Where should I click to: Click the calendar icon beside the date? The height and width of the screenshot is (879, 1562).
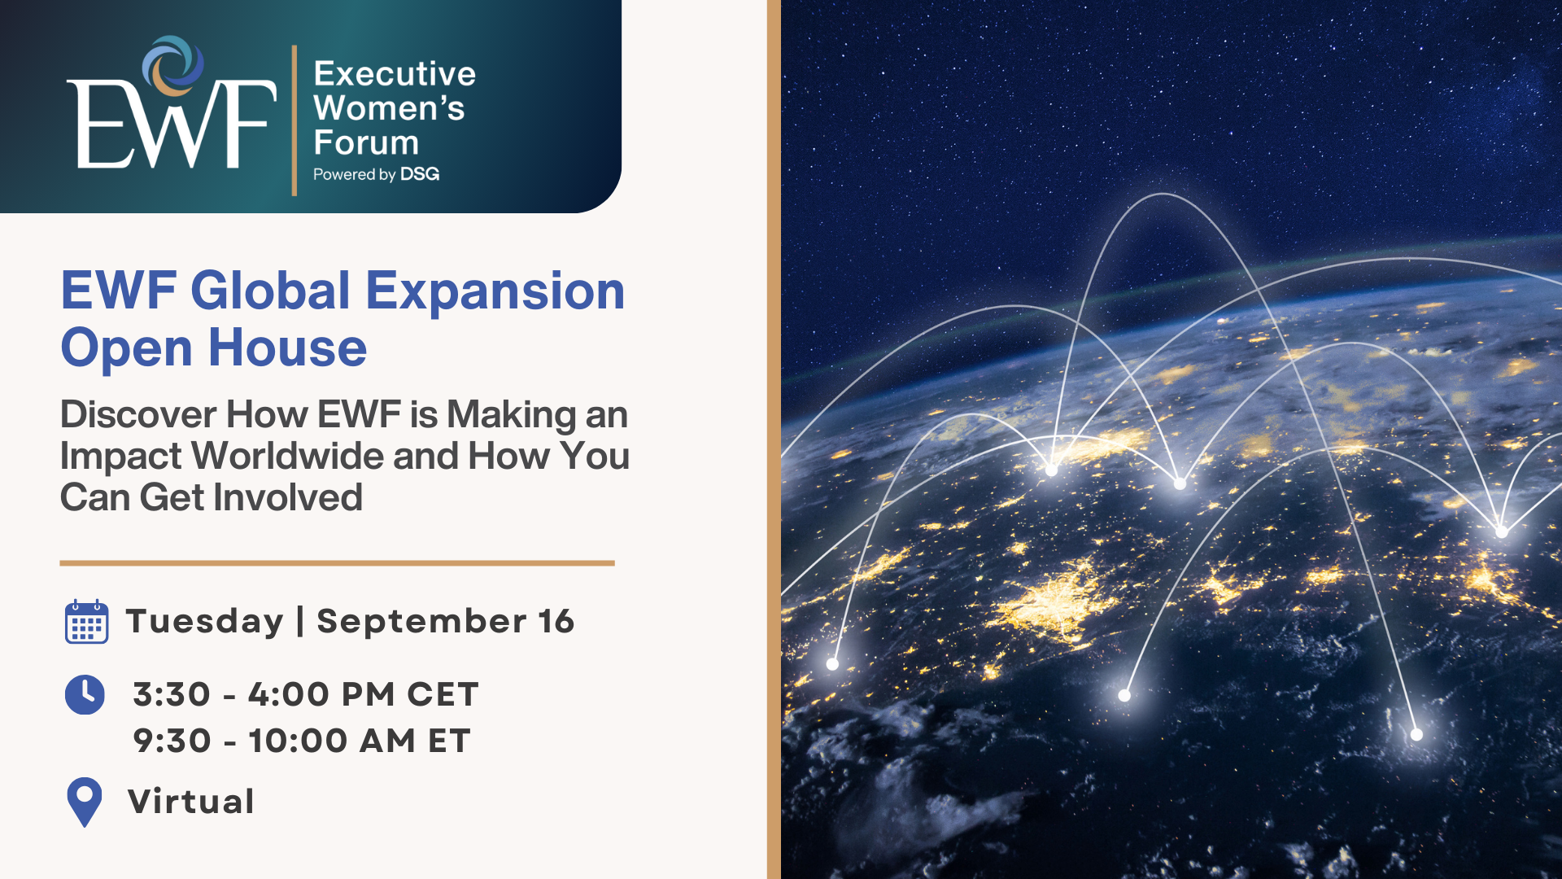(86, 622)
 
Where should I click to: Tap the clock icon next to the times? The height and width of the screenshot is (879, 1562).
(85, 694)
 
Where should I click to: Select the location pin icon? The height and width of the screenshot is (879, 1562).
(85, 802)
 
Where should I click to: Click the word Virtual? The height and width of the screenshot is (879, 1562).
(191, 802)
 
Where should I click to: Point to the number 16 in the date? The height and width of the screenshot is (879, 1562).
(556, 622)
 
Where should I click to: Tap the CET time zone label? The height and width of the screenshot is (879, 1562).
(443, 695)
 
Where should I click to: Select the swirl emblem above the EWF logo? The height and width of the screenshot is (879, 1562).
(173, 66)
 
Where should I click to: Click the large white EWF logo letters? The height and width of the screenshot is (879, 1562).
(172, 124)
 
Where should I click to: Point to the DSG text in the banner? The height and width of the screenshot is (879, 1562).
(420, 174)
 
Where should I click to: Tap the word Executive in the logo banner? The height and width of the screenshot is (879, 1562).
(395, 74)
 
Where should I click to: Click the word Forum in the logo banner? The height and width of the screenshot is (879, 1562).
(366, 142)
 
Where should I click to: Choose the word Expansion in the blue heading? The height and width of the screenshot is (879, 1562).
(495, 291)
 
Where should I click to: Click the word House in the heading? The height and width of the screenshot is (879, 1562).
(288, 348)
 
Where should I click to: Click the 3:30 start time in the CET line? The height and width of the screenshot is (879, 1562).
(172, 695)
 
